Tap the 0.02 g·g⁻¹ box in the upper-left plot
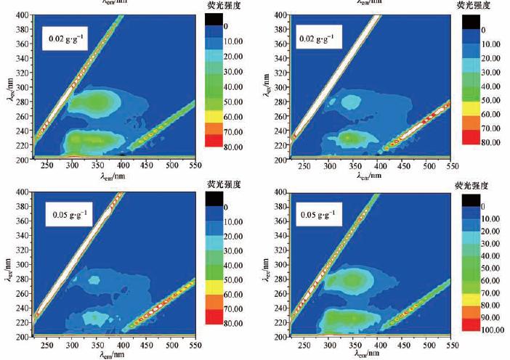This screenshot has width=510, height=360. pyautogui.click(x=68, y=38)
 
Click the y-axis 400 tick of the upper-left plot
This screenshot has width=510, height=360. pyautogui.click(x=25, y=15)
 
